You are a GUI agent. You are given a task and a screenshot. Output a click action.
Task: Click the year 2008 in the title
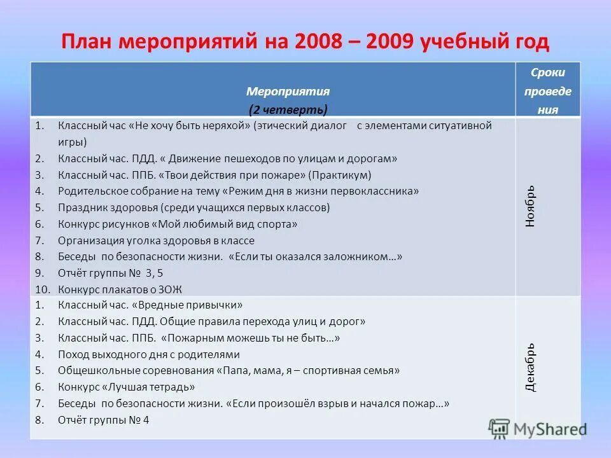(x=318, y=42)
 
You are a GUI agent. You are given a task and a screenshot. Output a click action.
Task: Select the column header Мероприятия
(x=288, y=92)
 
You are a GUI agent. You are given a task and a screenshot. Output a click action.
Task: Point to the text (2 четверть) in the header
(x=288, y=109)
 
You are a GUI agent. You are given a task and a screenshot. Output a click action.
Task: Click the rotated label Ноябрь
(x=531, y=206)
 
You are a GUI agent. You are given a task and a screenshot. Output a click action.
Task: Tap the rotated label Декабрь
(x=531, y=367)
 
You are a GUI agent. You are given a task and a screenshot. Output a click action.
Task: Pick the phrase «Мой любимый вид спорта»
(x=223, y=224)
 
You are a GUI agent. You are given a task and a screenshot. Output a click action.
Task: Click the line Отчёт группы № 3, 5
(x=111, y=273)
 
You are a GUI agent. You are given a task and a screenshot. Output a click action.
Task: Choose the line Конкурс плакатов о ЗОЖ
(x=120, y=289)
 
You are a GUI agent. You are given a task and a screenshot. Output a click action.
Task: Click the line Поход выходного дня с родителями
(x=149, y=354)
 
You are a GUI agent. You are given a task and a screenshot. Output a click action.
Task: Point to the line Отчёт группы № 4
(x=103, y=419)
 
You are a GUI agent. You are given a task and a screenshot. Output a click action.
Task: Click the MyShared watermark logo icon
(x=500, y=428)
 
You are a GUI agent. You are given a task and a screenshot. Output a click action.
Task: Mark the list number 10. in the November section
(x=41, y=289)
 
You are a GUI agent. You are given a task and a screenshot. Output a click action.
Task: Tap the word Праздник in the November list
(x=80, y=207)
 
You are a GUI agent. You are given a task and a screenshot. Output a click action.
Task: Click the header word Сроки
(x=548, y=73)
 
